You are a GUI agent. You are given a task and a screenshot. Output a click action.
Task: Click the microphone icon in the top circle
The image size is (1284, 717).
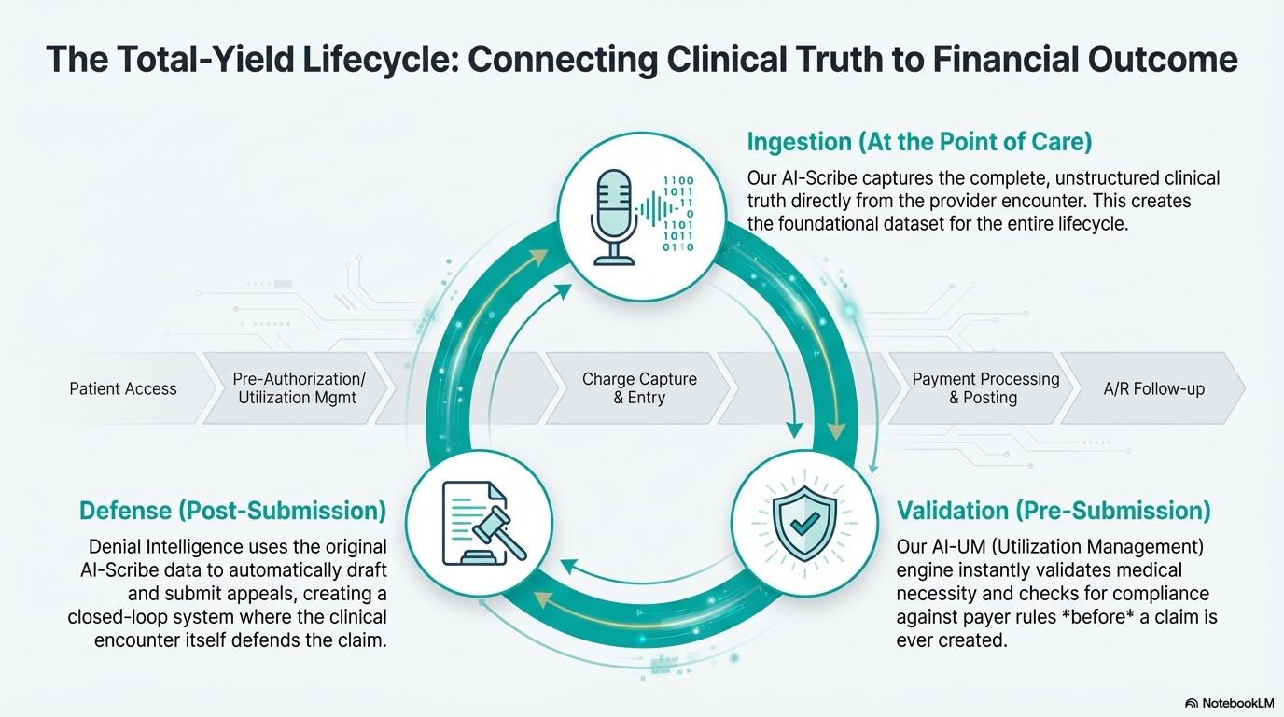[x=613, y=215]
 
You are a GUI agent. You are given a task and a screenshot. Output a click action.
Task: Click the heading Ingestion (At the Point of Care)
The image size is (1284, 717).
[x=919, y=142]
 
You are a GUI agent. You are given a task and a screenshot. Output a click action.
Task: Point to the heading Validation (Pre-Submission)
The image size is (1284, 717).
[x=1054, y=510]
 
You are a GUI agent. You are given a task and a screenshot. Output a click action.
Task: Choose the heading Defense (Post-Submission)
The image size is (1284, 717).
[x=232, y=510]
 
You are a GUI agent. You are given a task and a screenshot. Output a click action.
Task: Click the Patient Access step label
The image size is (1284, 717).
[x=123, y=388]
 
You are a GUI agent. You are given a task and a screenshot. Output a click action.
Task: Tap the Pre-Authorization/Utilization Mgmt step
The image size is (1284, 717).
[x=299, y=388]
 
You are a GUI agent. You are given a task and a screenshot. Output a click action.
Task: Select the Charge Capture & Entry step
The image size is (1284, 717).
[x=639, y=388]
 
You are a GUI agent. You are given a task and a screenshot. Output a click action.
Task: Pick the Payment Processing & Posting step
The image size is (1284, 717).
[x=985, y=388]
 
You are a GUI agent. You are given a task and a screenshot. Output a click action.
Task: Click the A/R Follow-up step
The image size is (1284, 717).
[x=1153, y=388]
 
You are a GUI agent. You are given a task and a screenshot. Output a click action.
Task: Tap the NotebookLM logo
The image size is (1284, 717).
[x=1227, y=702]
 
